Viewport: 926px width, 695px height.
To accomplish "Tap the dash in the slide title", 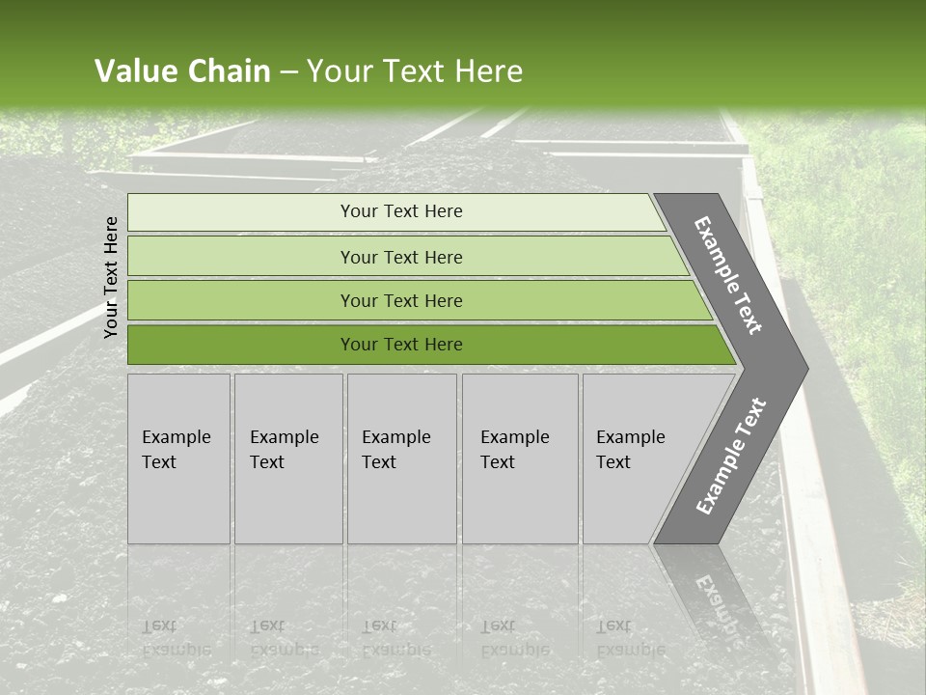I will (x=288, y=72).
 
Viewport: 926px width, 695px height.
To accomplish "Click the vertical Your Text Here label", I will (x=111, y=277).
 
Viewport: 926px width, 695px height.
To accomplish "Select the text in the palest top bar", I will (x=401, y=211).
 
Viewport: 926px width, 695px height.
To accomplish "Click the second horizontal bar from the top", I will (x=401, y=257).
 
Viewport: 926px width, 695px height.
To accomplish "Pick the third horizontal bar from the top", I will (x=401, y=301).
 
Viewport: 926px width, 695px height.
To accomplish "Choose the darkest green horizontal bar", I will (x=401, y=345).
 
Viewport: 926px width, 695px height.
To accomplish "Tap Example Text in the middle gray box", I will (x=395, y=450).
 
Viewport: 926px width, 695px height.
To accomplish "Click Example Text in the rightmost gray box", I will (x=630, y=450).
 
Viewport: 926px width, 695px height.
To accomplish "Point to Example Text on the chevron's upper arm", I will (x=728, y=276).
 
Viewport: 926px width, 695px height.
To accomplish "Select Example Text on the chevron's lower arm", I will (x=730, y=456).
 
